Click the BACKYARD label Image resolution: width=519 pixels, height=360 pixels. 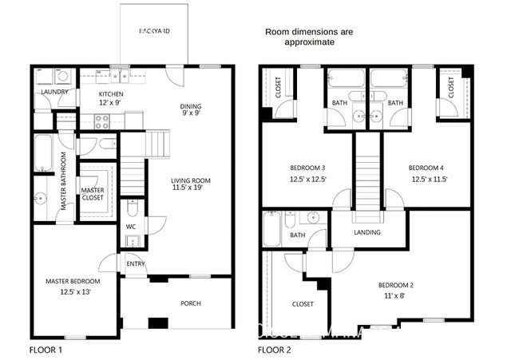[x=154, y=30]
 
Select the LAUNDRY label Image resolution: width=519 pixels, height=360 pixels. [x=50, y=92]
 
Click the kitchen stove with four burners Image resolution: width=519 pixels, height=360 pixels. [x=104, y=121]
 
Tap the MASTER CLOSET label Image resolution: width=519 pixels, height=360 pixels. [x=93, y=195]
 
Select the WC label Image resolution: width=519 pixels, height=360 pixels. [x=131, y=226]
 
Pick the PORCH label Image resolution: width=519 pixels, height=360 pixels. [x=190, y=303]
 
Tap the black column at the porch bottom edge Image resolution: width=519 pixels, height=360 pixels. [x=160, y=323]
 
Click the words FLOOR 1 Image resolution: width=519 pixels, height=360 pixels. [x=46, y=350]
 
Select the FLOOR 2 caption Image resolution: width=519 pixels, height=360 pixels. [x=274, y=350]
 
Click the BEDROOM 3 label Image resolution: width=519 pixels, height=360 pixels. [x=307, y=168]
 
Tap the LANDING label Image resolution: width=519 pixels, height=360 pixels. [x=367, y=232]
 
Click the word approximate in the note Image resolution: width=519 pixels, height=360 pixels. [x=309, y=43]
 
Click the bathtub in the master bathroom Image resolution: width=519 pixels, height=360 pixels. [x=42, y=153]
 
